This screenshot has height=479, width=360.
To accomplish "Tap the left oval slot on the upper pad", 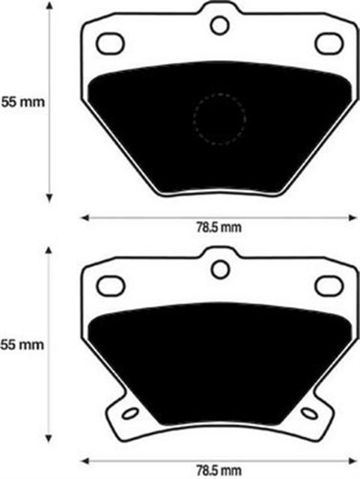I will [110, 43].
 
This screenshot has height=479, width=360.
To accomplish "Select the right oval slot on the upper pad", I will [328, 43].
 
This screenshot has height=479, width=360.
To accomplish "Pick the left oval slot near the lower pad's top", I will [110, 285].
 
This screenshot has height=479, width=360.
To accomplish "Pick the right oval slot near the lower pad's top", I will [328, 285].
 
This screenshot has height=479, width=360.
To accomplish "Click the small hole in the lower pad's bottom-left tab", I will [129, 413].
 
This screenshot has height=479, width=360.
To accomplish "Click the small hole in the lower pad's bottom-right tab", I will [309, 413].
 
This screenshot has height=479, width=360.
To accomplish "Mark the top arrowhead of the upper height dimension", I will [50, 7].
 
